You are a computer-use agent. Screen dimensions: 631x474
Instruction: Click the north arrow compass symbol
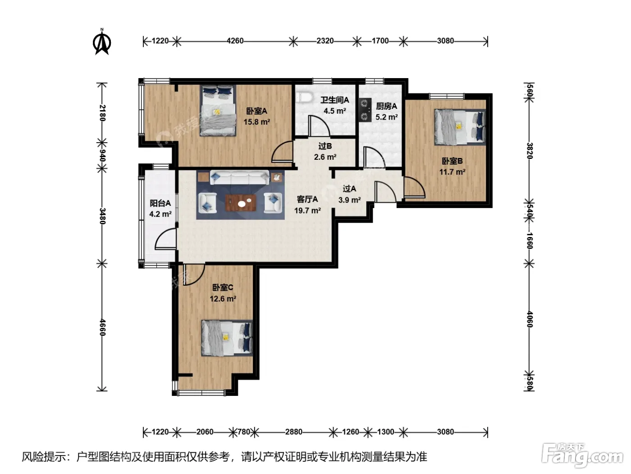(102, 42)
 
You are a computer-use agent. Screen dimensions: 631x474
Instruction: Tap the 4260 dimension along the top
(235, 41)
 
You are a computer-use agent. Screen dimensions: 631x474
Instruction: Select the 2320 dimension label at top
(325, 41)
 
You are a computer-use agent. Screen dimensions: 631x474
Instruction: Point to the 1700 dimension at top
(380, 41)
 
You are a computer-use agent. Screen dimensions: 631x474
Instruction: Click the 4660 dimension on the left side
(102, 328)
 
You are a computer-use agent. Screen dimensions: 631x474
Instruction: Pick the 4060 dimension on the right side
(530, 320)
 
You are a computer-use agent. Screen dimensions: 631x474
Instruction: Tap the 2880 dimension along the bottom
(293, 432)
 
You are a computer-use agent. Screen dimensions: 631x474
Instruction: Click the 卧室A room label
(257, 111)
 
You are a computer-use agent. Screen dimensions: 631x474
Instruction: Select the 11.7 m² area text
(452, 172)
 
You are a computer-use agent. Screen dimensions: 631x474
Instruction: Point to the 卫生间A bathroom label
(334, 100)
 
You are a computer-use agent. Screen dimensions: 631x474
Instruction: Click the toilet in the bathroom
(305, 97)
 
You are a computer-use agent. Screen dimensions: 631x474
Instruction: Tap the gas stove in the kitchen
(365, 109)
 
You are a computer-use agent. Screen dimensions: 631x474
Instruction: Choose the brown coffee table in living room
(240, 203)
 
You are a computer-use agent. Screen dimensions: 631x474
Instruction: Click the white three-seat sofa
(239, 177)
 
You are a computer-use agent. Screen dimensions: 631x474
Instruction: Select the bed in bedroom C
(227, 338)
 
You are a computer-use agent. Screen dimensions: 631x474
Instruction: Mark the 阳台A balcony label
(160, 204)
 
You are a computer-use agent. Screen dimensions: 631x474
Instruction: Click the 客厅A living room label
(307, 200)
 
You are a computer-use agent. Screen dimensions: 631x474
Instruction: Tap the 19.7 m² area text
(307, 211)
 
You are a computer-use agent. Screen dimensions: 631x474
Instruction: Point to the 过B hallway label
(325, 146)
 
